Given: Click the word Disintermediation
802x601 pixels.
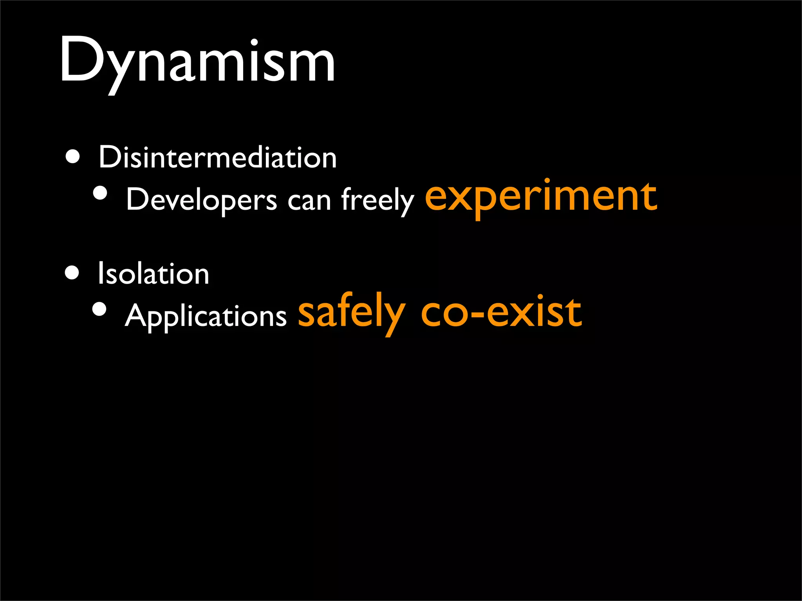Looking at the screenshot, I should tap(217, 158).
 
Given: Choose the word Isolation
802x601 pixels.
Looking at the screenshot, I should tap(153, 274).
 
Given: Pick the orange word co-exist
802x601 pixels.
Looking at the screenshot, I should tap(501, 313).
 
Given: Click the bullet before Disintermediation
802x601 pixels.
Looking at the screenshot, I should tap(73, 157).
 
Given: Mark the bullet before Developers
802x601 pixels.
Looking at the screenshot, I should tap(100, 193).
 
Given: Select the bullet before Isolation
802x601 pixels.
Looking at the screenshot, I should tap(72, 272).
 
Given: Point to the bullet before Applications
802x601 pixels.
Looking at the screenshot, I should tap(99, 309).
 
